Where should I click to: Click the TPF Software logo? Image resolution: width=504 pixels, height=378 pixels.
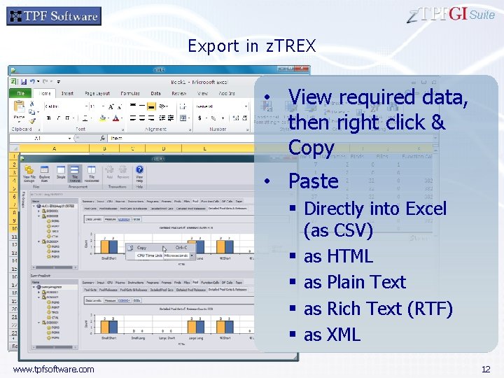pos(54,16)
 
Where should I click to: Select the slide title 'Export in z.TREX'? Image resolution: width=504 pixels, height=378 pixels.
pos(252,46)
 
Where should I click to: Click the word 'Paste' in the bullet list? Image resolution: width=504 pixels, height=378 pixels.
pos(313,181)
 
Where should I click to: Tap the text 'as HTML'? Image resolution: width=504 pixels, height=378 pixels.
pos(338,256)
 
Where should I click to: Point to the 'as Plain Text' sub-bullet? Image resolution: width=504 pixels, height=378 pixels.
pos(354,282)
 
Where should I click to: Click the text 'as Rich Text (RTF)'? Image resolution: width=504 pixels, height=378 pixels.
pos(378,309)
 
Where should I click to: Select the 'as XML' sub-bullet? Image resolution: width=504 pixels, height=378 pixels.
pos(332,335)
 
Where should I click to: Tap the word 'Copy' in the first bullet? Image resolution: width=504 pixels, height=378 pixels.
pos(311,148)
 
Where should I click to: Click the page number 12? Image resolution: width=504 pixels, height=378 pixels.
pos(486,369)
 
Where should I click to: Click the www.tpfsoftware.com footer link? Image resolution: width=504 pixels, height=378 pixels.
pos(53,369)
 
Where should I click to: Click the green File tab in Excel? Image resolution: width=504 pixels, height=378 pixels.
pos(21,93)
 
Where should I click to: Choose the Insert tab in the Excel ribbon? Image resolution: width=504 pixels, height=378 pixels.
pos(67,93)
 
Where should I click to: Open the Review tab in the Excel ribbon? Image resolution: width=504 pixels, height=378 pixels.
pos(178,93)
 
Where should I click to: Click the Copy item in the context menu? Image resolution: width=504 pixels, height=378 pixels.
pos(141,248)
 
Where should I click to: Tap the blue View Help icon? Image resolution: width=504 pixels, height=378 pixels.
pos(139,172)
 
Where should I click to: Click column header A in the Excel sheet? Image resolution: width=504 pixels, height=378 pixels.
pos(55,148)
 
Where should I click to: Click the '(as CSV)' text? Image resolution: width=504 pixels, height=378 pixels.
pos(338,230)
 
